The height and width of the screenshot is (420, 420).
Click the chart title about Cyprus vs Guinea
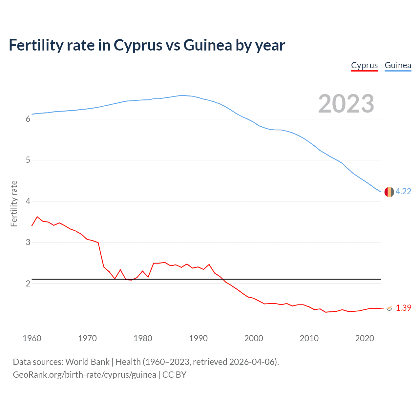coord(147,45)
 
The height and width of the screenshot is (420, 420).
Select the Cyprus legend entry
coord(364,65)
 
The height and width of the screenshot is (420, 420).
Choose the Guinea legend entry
coord(398,65)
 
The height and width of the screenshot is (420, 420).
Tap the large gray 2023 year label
coord(346,104)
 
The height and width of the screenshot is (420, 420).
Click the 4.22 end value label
coord(403,191)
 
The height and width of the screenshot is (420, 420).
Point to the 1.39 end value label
coord(403,308)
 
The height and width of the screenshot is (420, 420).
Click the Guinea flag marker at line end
coord(389,192)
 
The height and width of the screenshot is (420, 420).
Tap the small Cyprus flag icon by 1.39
coord(389,308)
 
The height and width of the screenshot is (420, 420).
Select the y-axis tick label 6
coord(28,119)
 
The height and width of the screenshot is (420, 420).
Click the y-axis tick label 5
coord(28,160)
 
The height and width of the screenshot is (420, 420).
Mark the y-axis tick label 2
coord(28,283)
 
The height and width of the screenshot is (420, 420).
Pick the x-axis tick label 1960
coord(32,338)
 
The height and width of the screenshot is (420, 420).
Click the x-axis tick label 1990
coord(198,338)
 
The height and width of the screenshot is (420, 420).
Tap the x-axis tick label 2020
coord(365,338)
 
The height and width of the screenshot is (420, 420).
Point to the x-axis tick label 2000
coord(254,338)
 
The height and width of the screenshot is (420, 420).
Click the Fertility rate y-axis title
coord(14,203)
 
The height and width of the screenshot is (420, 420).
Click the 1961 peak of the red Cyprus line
coord(37,217)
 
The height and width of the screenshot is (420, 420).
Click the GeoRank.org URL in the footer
coord(84,375)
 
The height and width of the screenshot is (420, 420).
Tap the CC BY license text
coord(174,375)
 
